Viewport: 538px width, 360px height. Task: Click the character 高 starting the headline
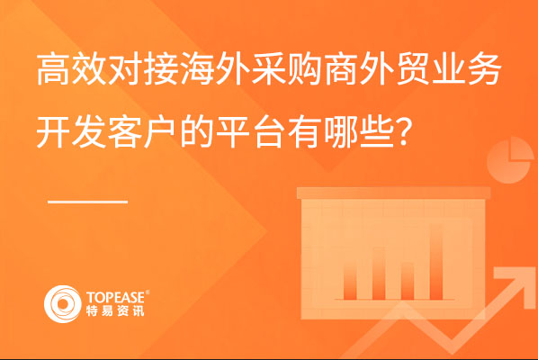click(x=54, y=69)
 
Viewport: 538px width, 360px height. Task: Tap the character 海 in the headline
click(x=197, y=69)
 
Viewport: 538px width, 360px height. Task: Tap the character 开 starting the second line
click(x=54, y=131)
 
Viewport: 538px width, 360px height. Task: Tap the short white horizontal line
click(x=87, y=202)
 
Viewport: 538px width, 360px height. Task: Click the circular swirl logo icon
click(x=63, y=304)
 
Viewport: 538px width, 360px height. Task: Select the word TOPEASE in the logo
click(x=116, y=297)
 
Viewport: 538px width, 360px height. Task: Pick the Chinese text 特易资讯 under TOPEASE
click(x=115, y=310)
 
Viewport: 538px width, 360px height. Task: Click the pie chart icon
click(x=510, y=160)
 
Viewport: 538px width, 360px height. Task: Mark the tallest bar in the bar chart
click(x=436, y=262)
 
